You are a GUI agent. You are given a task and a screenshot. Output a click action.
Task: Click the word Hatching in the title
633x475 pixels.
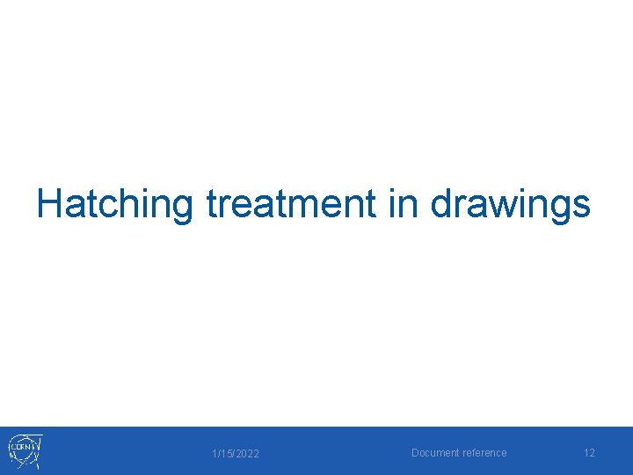pyautogui.click(x=114, y=204)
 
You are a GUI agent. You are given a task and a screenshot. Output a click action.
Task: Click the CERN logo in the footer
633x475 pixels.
pyautogui.click(x=25, y=450)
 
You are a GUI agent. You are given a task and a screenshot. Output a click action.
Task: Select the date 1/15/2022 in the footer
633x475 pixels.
pyautogui.click(x=236, y=453)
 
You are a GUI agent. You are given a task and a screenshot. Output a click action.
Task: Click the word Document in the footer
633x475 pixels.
pyautogui.click(x=434, y=453)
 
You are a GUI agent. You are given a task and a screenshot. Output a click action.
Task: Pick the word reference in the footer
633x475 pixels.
pyautogui.click(x=484, y=453)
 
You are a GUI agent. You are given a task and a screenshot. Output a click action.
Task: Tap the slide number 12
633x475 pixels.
pyautogui.click(x=589, y=453)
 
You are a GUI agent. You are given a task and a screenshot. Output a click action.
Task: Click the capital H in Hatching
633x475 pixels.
pyautogui.click(x=49, y=204)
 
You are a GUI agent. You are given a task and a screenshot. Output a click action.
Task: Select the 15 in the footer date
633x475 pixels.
pyautogui.click(x=225, y=453)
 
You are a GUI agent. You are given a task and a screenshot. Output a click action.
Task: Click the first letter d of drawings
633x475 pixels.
pyautogui.click(x=441, y=204)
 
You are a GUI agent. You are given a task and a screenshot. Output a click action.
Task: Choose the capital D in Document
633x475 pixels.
pyautogui.click(x=416, y=453)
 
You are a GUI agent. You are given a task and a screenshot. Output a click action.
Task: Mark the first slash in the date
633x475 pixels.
pyautogui.click(x=218, y=453)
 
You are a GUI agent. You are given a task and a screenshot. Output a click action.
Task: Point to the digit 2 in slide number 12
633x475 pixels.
pyautogui.click(x=592, y=453)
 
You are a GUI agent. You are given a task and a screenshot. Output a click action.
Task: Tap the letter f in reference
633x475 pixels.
pyautogui.click(x=475, y=453)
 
